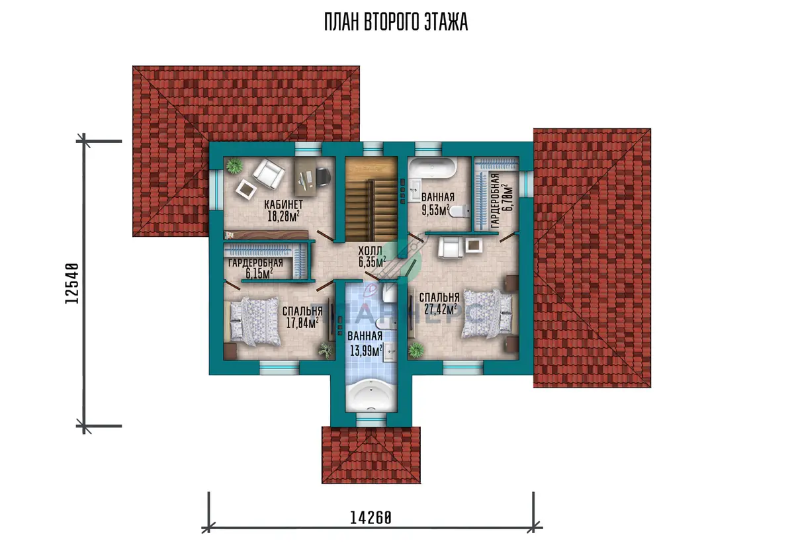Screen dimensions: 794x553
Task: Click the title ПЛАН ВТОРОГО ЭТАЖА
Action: (x=396, y=22)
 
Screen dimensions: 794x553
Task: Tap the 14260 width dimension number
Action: (x=371, y=518)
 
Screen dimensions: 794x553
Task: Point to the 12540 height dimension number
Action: (x=72, y=283)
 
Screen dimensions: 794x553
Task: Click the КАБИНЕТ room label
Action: (x=284, y=204)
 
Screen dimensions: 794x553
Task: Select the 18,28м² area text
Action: (x=284, y=216)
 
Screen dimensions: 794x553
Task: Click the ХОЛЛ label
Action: (x=371, y=251)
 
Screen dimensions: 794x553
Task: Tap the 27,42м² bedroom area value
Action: (x=441, y=310)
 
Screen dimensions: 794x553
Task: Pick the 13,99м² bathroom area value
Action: (x=366, y=351)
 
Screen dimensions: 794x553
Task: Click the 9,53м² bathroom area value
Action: (x=435, y=210)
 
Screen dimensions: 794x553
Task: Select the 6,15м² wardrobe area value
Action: (x=259, y=273)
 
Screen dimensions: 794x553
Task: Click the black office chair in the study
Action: (x=324, y=177)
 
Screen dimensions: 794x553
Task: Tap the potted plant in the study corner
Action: (x=234, y=165)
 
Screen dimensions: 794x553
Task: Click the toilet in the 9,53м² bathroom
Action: (x=459, y=211)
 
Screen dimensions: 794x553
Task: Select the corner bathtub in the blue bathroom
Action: (x=371, y=396)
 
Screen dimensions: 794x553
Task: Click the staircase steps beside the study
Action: (x=371, y=210)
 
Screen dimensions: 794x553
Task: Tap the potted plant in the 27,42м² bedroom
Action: (x=416, y=351)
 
